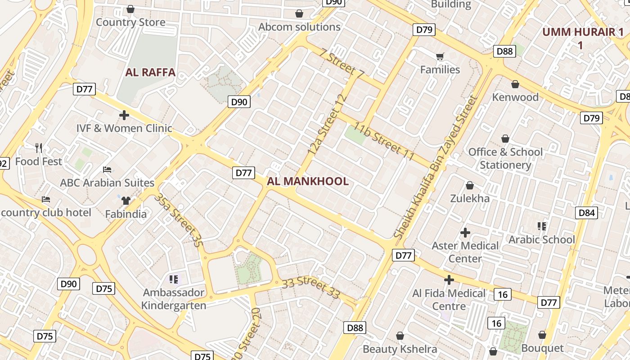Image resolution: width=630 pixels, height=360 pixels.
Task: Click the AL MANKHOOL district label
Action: coord(307,181)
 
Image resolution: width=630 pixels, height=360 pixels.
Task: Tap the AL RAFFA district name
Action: coord(150,72)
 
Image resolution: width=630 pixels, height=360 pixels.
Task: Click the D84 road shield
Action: coord(586,212)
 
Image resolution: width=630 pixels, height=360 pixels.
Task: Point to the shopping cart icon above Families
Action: coord(440,56)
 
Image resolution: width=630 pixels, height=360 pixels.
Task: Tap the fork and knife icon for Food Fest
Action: coord(39,148)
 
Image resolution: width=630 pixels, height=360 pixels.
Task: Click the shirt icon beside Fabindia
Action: coord(126,200)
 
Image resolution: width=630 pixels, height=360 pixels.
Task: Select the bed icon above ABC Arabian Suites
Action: coord(107,170)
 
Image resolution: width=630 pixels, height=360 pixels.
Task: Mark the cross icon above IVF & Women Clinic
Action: coord(124,115)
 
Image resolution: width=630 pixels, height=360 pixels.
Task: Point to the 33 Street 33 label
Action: coord(311,288)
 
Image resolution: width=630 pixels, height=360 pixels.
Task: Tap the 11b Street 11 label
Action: coord(383,141)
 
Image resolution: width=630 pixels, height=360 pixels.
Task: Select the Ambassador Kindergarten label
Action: coord(174,299)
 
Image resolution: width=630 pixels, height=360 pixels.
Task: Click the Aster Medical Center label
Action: coord(465,252)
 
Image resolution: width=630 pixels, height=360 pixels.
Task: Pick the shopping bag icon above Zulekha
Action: coord(469,185)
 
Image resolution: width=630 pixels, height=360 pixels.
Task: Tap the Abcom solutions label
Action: coord(299,27)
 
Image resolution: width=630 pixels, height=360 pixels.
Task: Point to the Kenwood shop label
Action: coord(515,97)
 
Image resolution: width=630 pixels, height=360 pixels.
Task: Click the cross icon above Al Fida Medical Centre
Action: coord(449,280)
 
